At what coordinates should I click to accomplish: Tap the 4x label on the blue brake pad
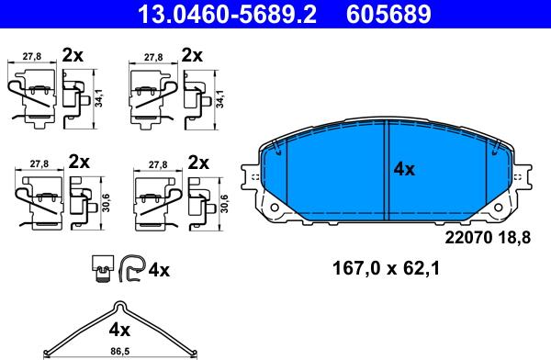405,169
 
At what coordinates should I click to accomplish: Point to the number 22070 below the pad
467,238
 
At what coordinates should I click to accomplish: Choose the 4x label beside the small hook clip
159,270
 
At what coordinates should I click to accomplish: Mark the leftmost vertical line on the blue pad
287,174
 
